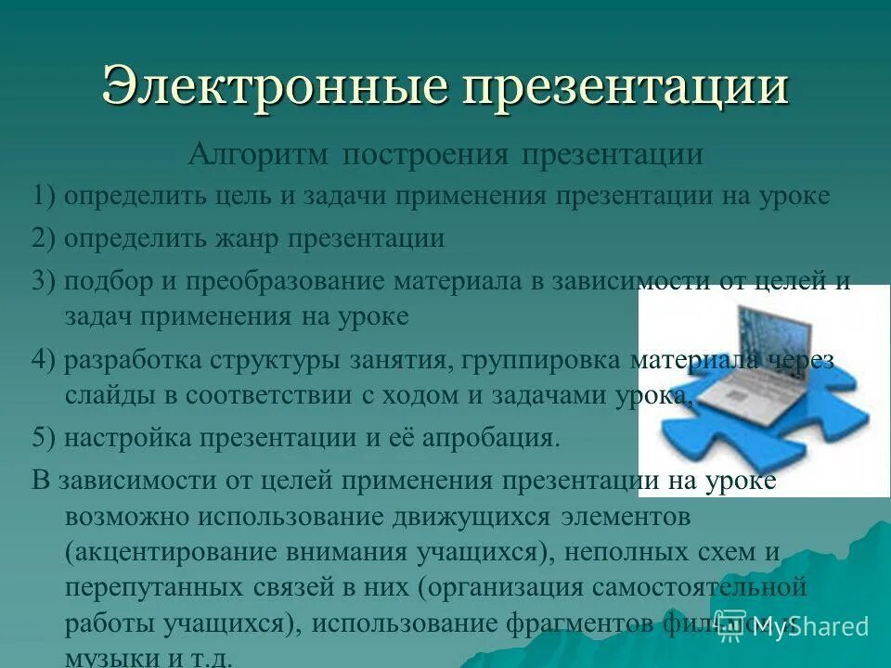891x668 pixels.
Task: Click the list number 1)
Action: (x=45, y=197)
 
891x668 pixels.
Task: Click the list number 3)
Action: (x=45, y=282)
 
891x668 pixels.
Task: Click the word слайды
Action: (x=104, y=395)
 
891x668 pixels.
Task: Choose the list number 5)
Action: (x=45, y=438)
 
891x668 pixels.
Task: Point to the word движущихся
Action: (x=435, y=516)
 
